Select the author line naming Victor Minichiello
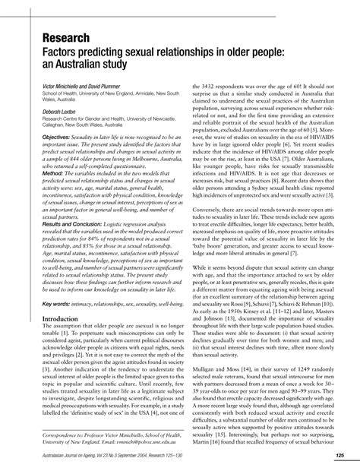click(75, 87)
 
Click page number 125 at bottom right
click(340, 455)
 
